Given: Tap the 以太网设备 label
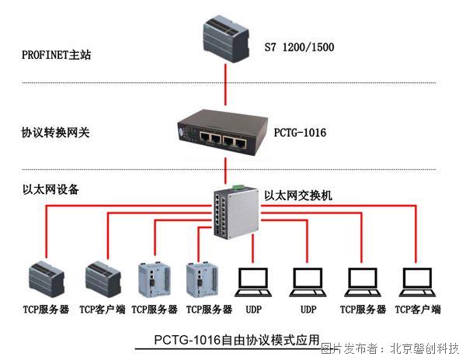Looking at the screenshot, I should pyautogui.click(x=50, y=189).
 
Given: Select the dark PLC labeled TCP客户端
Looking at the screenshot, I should pyautogui.click(x=103, y=279).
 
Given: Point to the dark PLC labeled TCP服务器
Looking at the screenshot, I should pyautogui.click(x=47, y=279).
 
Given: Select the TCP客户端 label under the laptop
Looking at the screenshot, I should pyautogui.click(x=417, y=310).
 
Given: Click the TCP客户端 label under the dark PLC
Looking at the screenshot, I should pyautogui.click(x=102, y=310).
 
